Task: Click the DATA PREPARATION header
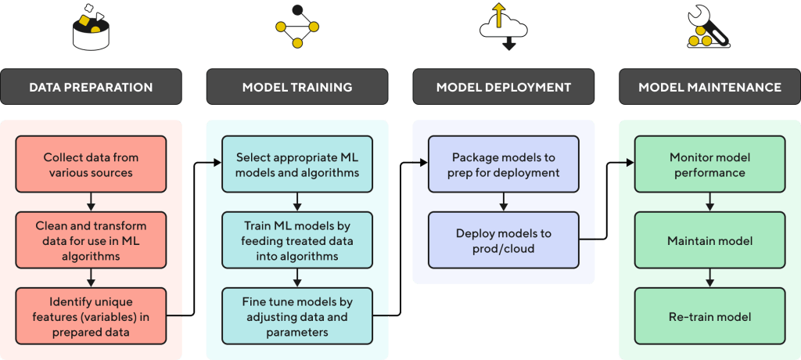pos(91,87)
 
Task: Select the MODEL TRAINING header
pos(296,87)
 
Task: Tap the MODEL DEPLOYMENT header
pos(503,87)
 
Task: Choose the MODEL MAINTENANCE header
pos(709,87)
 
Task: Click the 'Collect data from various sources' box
pos(91,164)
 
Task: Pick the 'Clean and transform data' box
pos(91,240)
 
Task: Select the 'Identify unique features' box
pos(91,315)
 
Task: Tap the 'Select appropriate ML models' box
pos(296,164)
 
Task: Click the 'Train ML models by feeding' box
pos(296,240)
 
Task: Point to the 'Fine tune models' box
pos(296,315)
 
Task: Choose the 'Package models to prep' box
pos(503,164)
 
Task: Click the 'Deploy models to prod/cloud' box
pos(503,240)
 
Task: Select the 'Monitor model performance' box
pos(709,164)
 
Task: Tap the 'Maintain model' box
pos(709,240)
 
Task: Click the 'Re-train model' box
pos(709,315)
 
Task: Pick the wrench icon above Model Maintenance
pos(708,28)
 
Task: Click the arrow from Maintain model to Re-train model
pos(709,278)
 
